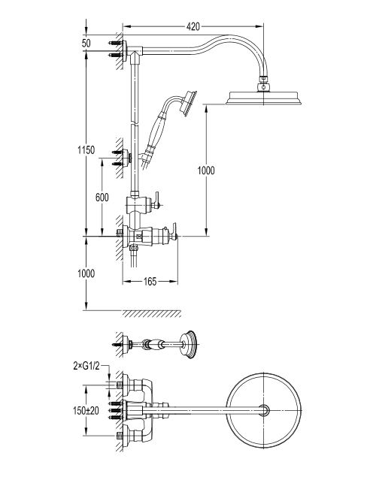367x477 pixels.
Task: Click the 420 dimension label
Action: pos(193,27)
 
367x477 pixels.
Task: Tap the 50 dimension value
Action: pos(86,44)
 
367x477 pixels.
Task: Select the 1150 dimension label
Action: pos(86,150)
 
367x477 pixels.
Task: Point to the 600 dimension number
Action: pos(102,198)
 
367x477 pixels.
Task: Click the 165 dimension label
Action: pos(150,282)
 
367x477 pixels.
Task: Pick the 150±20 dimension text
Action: pos(86,411)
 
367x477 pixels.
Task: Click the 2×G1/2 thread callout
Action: pos(86,367)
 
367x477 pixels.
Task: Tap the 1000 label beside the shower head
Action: pos(206,171)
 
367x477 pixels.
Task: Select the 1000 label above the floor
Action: pos(86,273)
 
